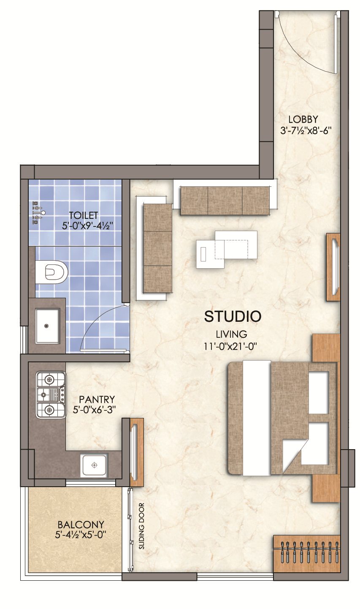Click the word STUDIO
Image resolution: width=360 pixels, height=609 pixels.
(x=233, y=316)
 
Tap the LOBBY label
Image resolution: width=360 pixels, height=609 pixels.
(x=303, y=119)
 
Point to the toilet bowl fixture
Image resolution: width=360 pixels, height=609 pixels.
(x=51, y=272)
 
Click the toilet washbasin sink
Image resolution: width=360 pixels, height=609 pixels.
(x=47, y=326)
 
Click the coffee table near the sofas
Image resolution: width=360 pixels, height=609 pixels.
(x=227, y=249)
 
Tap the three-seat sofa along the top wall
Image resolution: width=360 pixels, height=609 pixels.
(x=225, y=200)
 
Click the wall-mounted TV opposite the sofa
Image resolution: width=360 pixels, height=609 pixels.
(x=333, y=267)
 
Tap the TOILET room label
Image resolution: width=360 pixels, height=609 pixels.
(x=83, y=216)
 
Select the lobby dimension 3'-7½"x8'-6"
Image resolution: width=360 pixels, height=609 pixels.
(x=306, y=131)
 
